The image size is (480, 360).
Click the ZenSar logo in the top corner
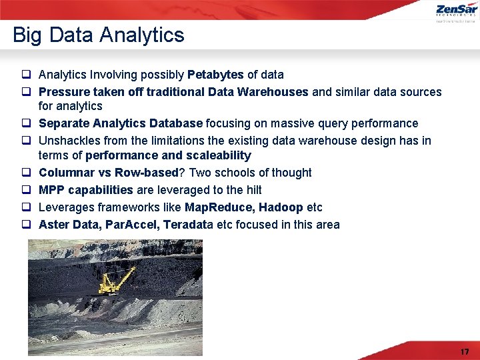click(x=456, y=11)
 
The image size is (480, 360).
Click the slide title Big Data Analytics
click(x=98, y=35)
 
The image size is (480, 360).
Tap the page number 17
click(x=465, y=351)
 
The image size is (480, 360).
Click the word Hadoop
click(x=281, y=207)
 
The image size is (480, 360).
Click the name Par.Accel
click(x=132, y=225)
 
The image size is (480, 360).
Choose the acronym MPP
click(x=52, y=190)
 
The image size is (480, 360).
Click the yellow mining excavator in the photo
click(x=115, y=279)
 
